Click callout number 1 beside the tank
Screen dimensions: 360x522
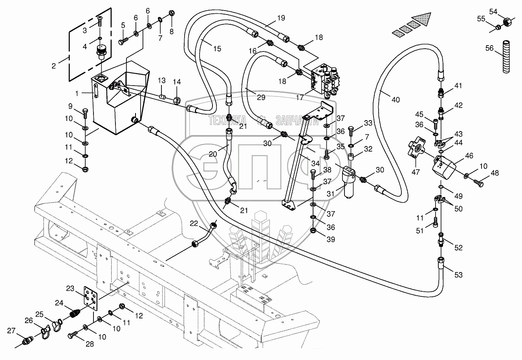pyautogui.click(x=77, y=93)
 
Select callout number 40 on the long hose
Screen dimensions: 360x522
pyautogui.click(x=395, y=100)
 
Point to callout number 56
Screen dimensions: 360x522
pyautogui.click(x=489, y=48)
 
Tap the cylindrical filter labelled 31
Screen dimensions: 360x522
pyautogui.click(x=349, y=183)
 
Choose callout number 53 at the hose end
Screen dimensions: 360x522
pyautogui.click(x=458, y=275)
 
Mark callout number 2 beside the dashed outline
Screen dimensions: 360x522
pyautogui.click(x=54, y=66)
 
